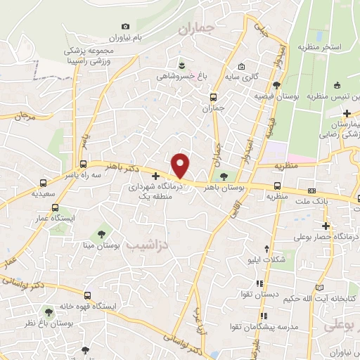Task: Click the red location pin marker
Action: (x=181, y=165)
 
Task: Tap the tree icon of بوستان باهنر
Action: (x=224, y=176)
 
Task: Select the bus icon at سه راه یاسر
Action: (x=44, y=181)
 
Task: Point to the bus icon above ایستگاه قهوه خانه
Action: (x=86, y=295)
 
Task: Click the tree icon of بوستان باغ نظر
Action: (x=48, y=311)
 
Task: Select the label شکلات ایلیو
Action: (x=271, y=259)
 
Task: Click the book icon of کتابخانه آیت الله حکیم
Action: (x=320, y=287)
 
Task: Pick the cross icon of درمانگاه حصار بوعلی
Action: (x=326, y=226)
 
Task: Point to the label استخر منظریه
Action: (x=321, y=46)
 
